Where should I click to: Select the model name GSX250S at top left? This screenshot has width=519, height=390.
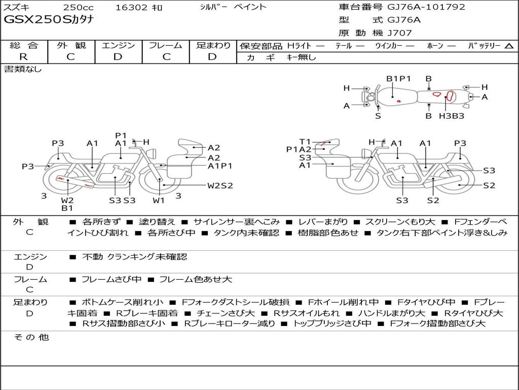click(x=38, y=20)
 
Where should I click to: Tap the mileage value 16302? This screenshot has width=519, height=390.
click(x=131, y=7)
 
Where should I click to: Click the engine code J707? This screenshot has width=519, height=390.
click(x=399, y=33)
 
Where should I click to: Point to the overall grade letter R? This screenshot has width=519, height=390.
click(x=23, y=57)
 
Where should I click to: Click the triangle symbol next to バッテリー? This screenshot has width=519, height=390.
click(x=509, y=46)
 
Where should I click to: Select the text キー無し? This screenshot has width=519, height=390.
click(x=301, y=57)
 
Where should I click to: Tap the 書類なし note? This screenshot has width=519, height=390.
click(x=22, y=69)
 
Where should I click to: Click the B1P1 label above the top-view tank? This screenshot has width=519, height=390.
click(x=398, y=79)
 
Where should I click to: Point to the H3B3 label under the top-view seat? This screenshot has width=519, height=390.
click(x=452, y=116)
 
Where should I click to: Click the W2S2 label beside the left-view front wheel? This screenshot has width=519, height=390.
click(x=220, y=186)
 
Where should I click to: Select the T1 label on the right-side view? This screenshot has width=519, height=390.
click(x=305, y=142)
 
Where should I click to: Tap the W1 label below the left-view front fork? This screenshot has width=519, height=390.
click(x=159, y=200)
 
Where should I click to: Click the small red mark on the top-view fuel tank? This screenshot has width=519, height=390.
click(x=399, y=101)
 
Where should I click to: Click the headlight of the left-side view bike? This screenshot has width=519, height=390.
click(x=153, y=154)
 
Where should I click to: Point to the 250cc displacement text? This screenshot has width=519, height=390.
click(x=79, y=7)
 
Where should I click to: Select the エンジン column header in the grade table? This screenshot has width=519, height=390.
click(x=118, y=45)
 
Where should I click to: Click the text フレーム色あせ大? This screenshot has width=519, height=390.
click(x=196, y=280)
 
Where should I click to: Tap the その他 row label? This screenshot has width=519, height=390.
click(x=31, y=337)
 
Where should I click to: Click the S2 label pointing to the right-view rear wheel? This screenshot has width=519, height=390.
click(x=489, y=185)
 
